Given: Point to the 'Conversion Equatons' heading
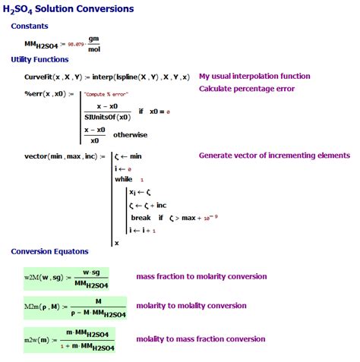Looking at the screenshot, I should tap(49, 251).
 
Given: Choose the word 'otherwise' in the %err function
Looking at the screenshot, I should tap(134, 134).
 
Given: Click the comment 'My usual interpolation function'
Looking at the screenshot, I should tap(254, 77).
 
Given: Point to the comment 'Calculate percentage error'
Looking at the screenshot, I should tap(247, 89).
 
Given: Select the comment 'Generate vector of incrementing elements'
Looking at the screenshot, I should tap(274, 156).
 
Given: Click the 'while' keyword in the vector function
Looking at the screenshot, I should tap(123, 179).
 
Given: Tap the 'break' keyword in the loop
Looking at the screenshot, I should tap(141, 218).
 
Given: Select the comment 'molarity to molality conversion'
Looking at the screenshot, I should tap(191, 306).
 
